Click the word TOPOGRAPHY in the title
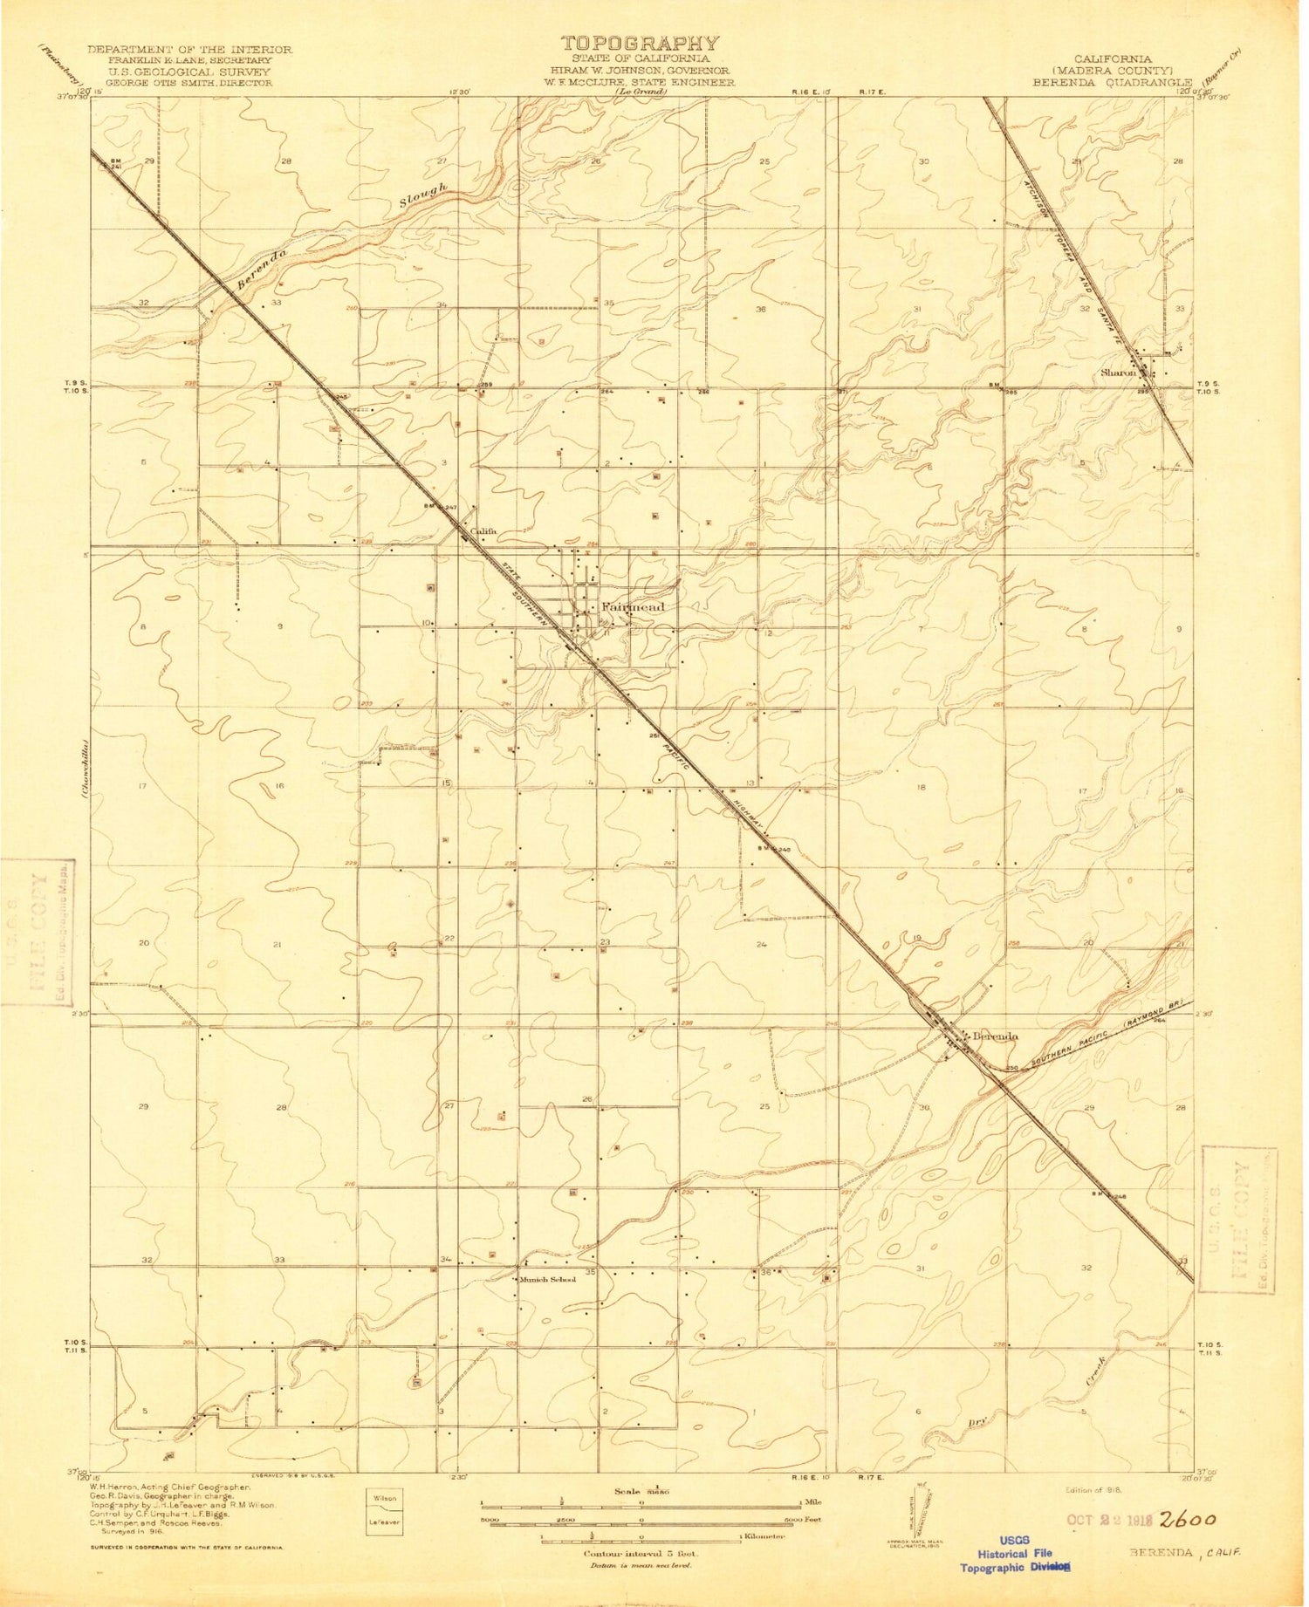coord(640,43)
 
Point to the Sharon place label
coord(1118,373)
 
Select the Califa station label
coord(483,531)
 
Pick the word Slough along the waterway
coord(425,195)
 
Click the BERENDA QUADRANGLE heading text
coord(1113,83)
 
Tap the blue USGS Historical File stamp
coord(1015,1553)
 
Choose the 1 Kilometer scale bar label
coord(762,1536)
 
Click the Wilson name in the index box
coord(386,1498)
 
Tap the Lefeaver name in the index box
coord(386,1522)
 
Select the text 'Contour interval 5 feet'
coord(641,1554)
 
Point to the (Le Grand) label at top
coord(640,92)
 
